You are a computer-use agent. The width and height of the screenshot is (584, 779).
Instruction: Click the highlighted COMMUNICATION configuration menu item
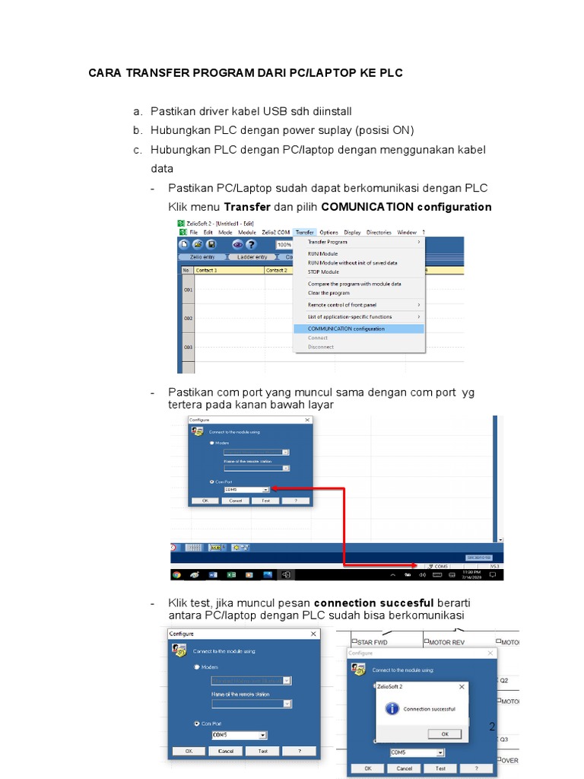346,329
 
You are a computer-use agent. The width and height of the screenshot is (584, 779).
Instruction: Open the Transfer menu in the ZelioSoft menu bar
304,232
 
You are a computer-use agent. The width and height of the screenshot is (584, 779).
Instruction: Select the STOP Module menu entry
323,272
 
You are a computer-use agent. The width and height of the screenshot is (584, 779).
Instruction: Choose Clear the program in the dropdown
328,293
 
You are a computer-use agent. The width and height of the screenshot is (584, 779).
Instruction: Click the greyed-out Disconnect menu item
320,347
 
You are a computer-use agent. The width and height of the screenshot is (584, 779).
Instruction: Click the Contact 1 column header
207,270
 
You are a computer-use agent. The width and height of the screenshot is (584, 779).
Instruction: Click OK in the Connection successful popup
445,733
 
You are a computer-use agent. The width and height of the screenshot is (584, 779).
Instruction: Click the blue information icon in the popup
392,708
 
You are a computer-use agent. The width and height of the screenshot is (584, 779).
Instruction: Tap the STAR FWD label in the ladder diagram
372,642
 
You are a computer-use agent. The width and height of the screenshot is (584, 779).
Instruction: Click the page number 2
492,727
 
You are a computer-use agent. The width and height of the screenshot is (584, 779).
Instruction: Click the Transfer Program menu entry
327,242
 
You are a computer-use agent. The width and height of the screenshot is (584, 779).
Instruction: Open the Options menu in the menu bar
328,232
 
